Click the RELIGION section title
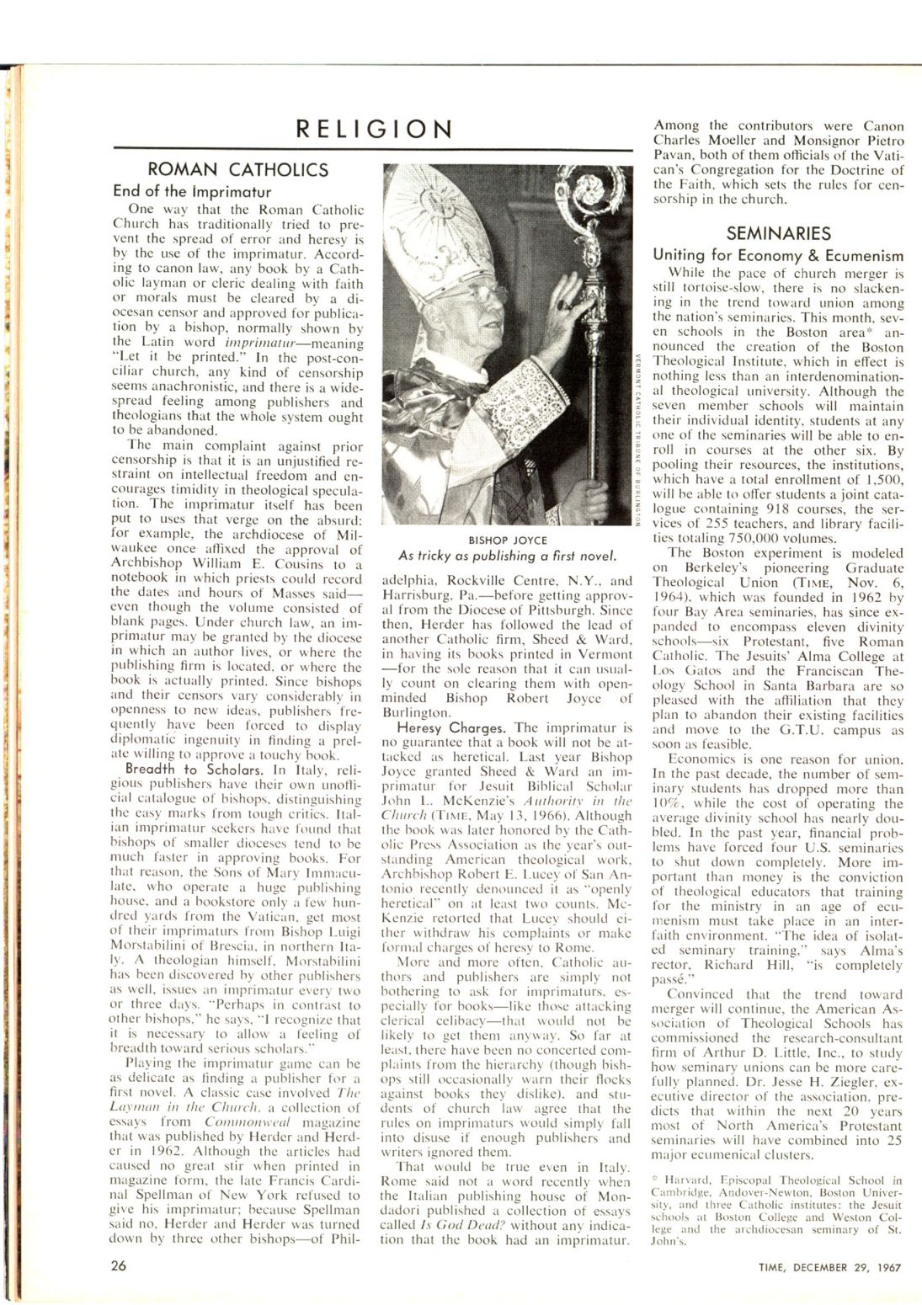click(374, 129)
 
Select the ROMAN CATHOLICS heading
click(238, 170)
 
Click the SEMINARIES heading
click(778, 233)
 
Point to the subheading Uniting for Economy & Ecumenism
click(778, 255)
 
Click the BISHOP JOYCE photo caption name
click(508, 540)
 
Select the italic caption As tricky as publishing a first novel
click(508, 556)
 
